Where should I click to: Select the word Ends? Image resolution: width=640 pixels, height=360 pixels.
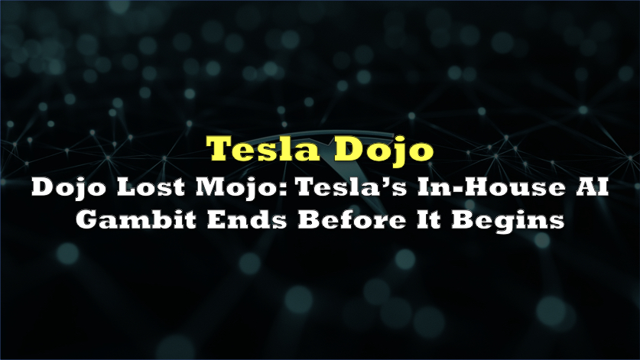(x=246, y=219)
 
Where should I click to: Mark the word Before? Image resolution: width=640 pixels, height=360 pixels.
(x=352, y=219)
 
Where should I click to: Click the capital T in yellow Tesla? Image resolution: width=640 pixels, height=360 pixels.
(x=220, y=148)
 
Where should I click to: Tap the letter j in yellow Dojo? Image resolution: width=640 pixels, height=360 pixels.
(x=393, y=152)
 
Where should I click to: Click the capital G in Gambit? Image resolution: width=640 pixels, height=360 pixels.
(x=87, y=219)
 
